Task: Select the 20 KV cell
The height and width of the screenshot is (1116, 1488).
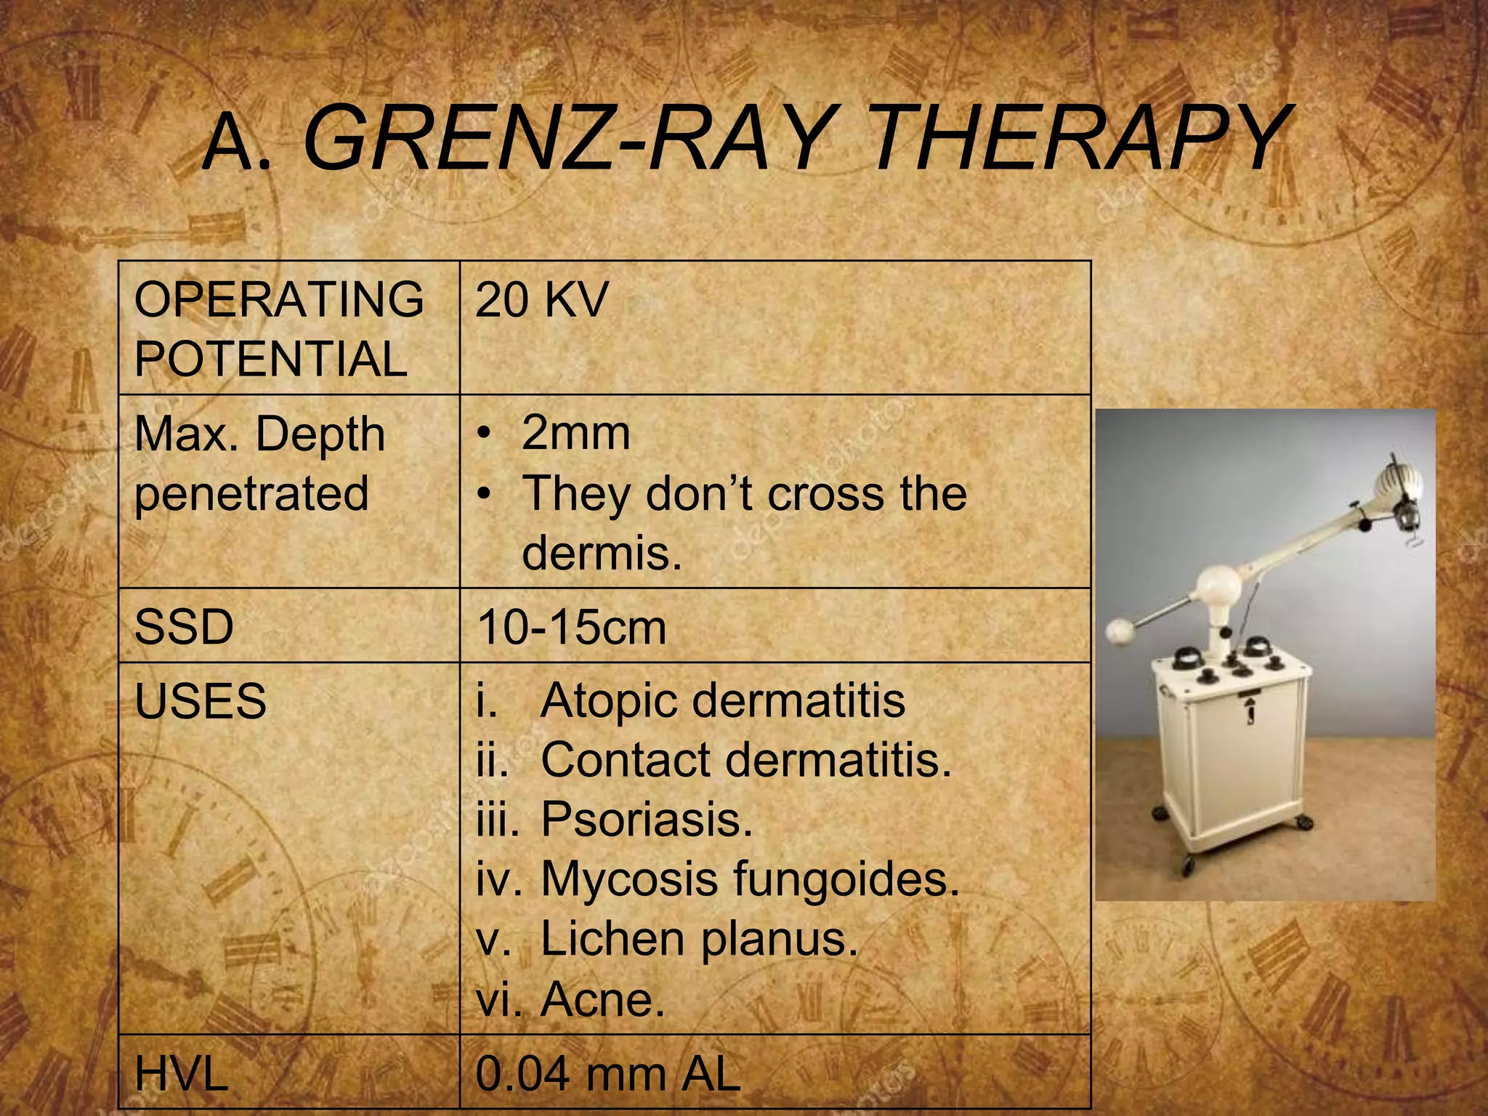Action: (x=541, y=299)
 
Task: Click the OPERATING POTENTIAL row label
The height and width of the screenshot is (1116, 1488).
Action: (x=278, y=328)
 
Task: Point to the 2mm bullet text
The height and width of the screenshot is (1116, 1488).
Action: (x=575, y=434)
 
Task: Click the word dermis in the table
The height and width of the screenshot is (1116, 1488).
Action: (x=602, y=553)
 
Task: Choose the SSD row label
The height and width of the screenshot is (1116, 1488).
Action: (x=184, y=626)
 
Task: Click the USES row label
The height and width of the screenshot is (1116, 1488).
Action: (x=201, y=701)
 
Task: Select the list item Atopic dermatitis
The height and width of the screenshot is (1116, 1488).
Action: (x=722, y=701)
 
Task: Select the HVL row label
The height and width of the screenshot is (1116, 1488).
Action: (x=182, y=1074)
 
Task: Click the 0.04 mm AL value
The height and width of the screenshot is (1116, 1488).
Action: (x=607, y=1074)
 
